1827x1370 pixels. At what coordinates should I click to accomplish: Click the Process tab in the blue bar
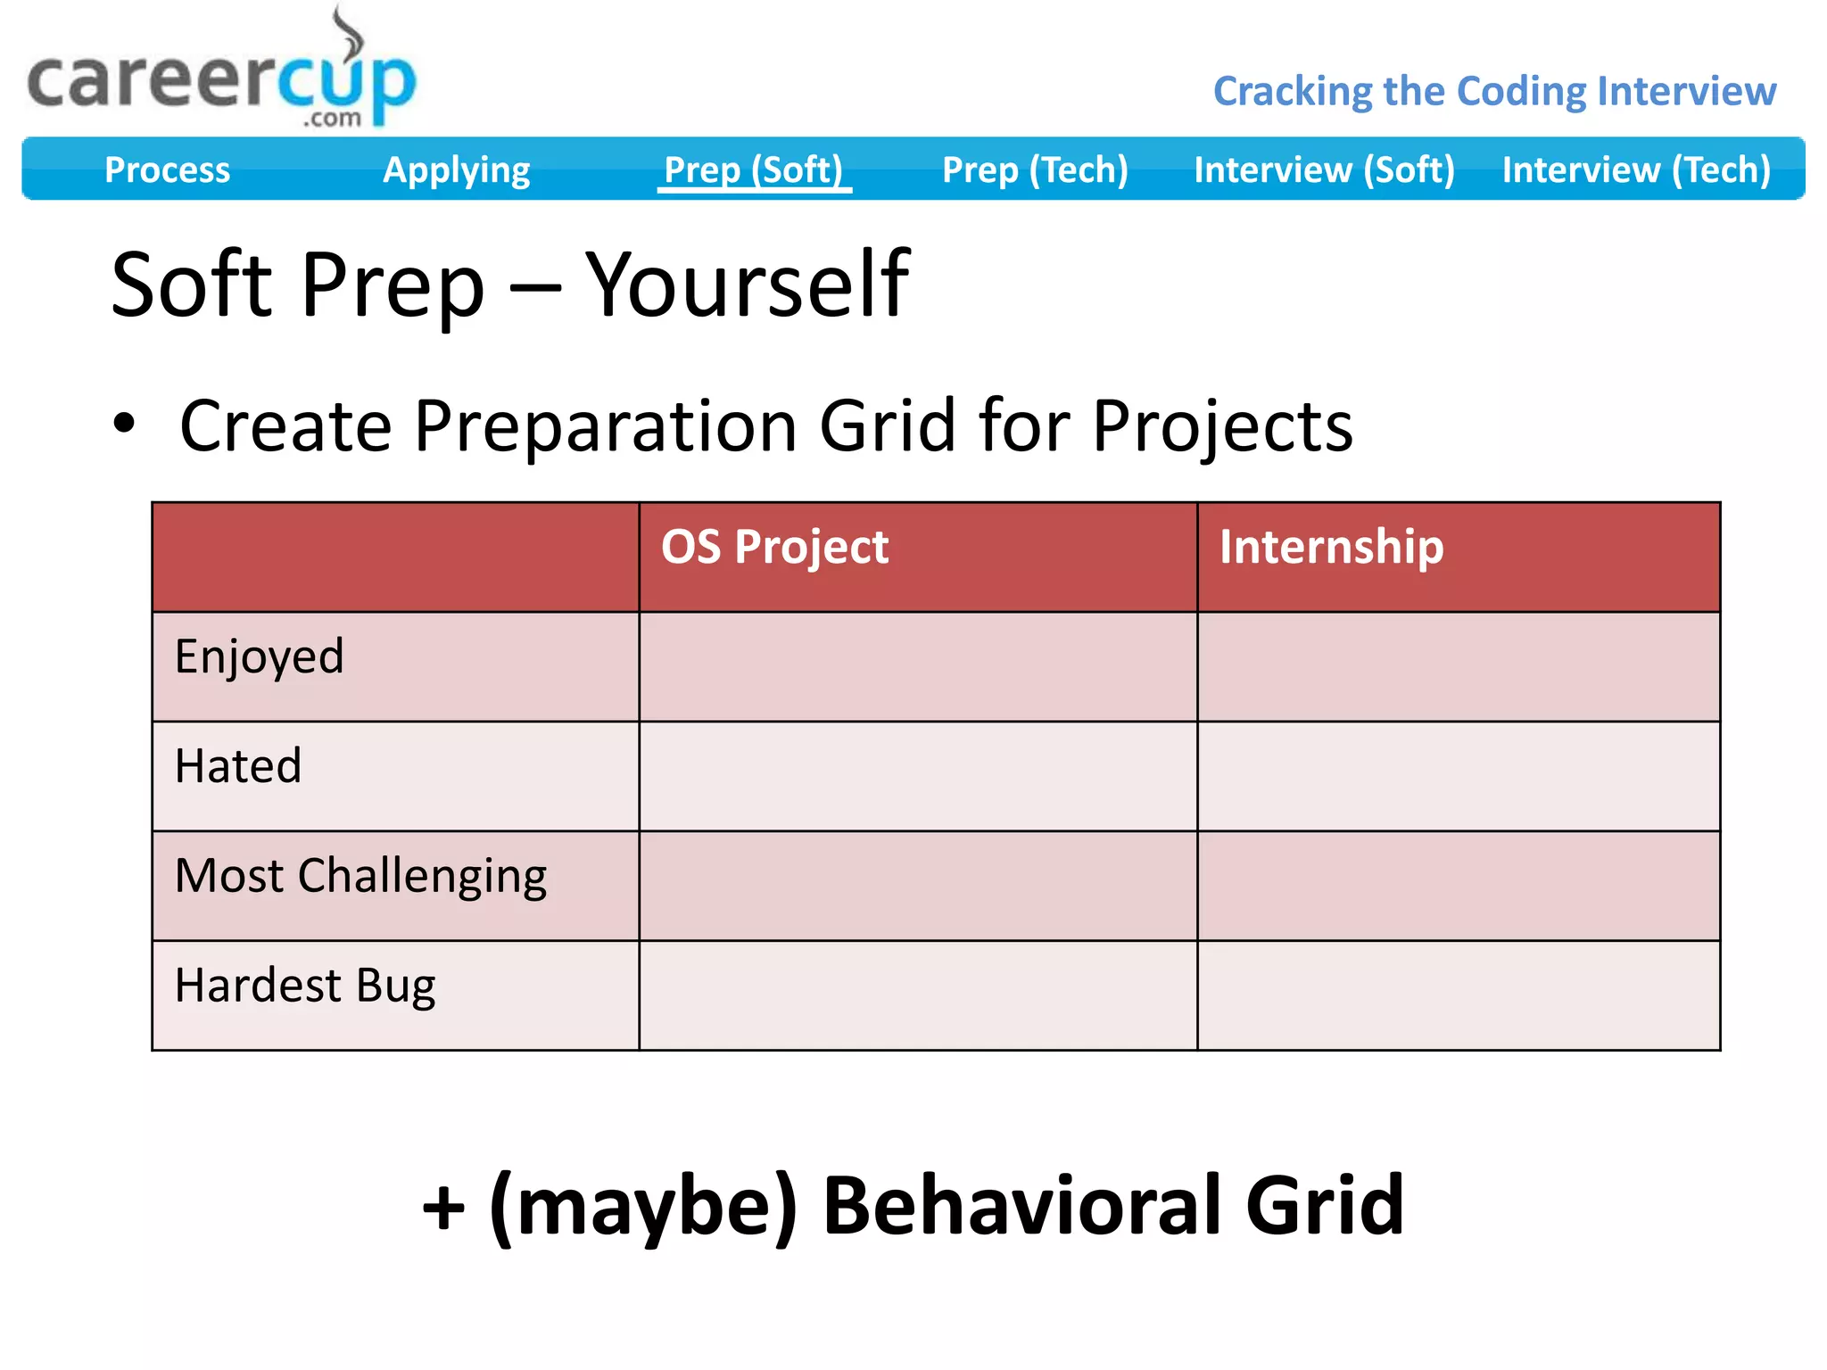point(167,169)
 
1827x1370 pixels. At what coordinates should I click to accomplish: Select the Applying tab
point(456,169)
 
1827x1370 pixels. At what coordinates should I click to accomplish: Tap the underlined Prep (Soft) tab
point(754,169)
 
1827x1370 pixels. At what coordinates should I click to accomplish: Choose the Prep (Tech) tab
point(1035,169)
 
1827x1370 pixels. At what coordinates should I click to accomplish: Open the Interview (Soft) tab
point(1324,169)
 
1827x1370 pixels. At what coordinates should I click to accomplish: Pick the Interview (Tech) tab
point(1636,169)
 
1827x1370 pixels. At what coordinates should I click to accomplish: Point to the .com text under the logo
point(332,119)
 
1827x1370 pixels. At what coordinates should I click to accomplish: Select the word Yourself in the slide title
point(747,285)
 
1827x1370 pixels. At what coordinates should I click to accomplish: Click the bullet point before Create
point(125,424)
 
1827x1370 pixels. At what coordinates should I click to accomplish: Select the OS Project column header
point(774,547)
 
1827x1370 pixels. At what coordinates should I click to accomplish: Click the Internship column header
point(1331,547)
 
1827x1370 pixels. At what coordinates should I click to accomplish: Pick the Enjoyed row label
point(259,656)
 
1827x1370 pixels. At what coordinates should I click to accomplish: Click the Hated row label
point(238,766)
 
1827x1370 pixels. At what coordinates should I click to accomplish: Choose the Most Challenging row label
point(360,876)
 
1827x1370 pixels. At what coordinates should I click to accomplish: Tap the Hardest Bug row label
point(305,986)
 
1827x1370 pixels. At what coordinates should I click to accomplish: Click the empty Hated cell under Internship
point(1458,776)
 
